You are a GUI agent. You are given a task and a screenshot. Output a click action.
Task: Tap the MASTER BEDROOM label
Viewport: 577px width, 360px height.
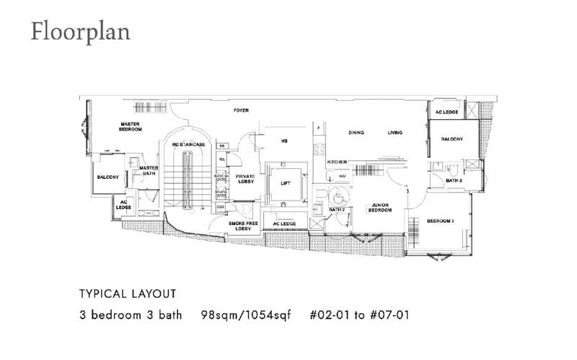tap(131, 127)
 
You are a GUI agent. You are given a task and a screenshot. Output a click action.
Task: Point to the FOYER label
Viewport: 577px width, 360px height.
tap(241, 110)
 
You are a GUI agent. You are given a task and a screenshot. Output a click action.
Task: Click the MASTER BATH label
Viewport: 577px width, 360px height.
tap(149, 170)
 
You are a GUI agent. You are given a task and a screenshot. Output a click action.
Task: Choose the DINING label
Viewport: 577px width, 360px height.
tap(356, 133)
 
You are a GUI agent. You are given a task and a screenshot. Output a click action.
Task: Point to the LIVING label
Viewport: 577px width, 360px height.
tap(395, 133)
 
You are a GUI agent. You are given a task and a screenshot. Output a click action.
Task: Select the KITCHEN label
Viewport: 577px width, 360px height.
tap(337, 162)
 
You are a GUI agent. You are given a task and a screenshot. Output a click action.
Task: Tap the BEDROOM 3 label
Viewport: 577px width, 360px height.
tap(440, 221)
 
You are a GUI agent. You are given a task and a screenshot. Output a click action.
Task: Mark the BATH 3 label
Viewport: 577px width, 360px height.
tap(454, 180)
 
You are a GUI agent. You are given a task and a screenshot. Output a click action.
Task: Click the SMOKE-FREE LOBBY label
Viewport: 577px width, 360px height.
tap(239, 226)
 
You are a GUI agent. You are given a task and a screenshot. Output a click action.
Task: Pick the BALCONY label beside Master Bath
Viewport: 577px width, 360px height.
tap(108, 177)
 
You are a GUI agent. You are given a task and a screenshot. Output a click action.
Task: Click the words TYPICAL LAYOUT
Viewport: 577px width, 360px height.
tap(127, 294)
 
